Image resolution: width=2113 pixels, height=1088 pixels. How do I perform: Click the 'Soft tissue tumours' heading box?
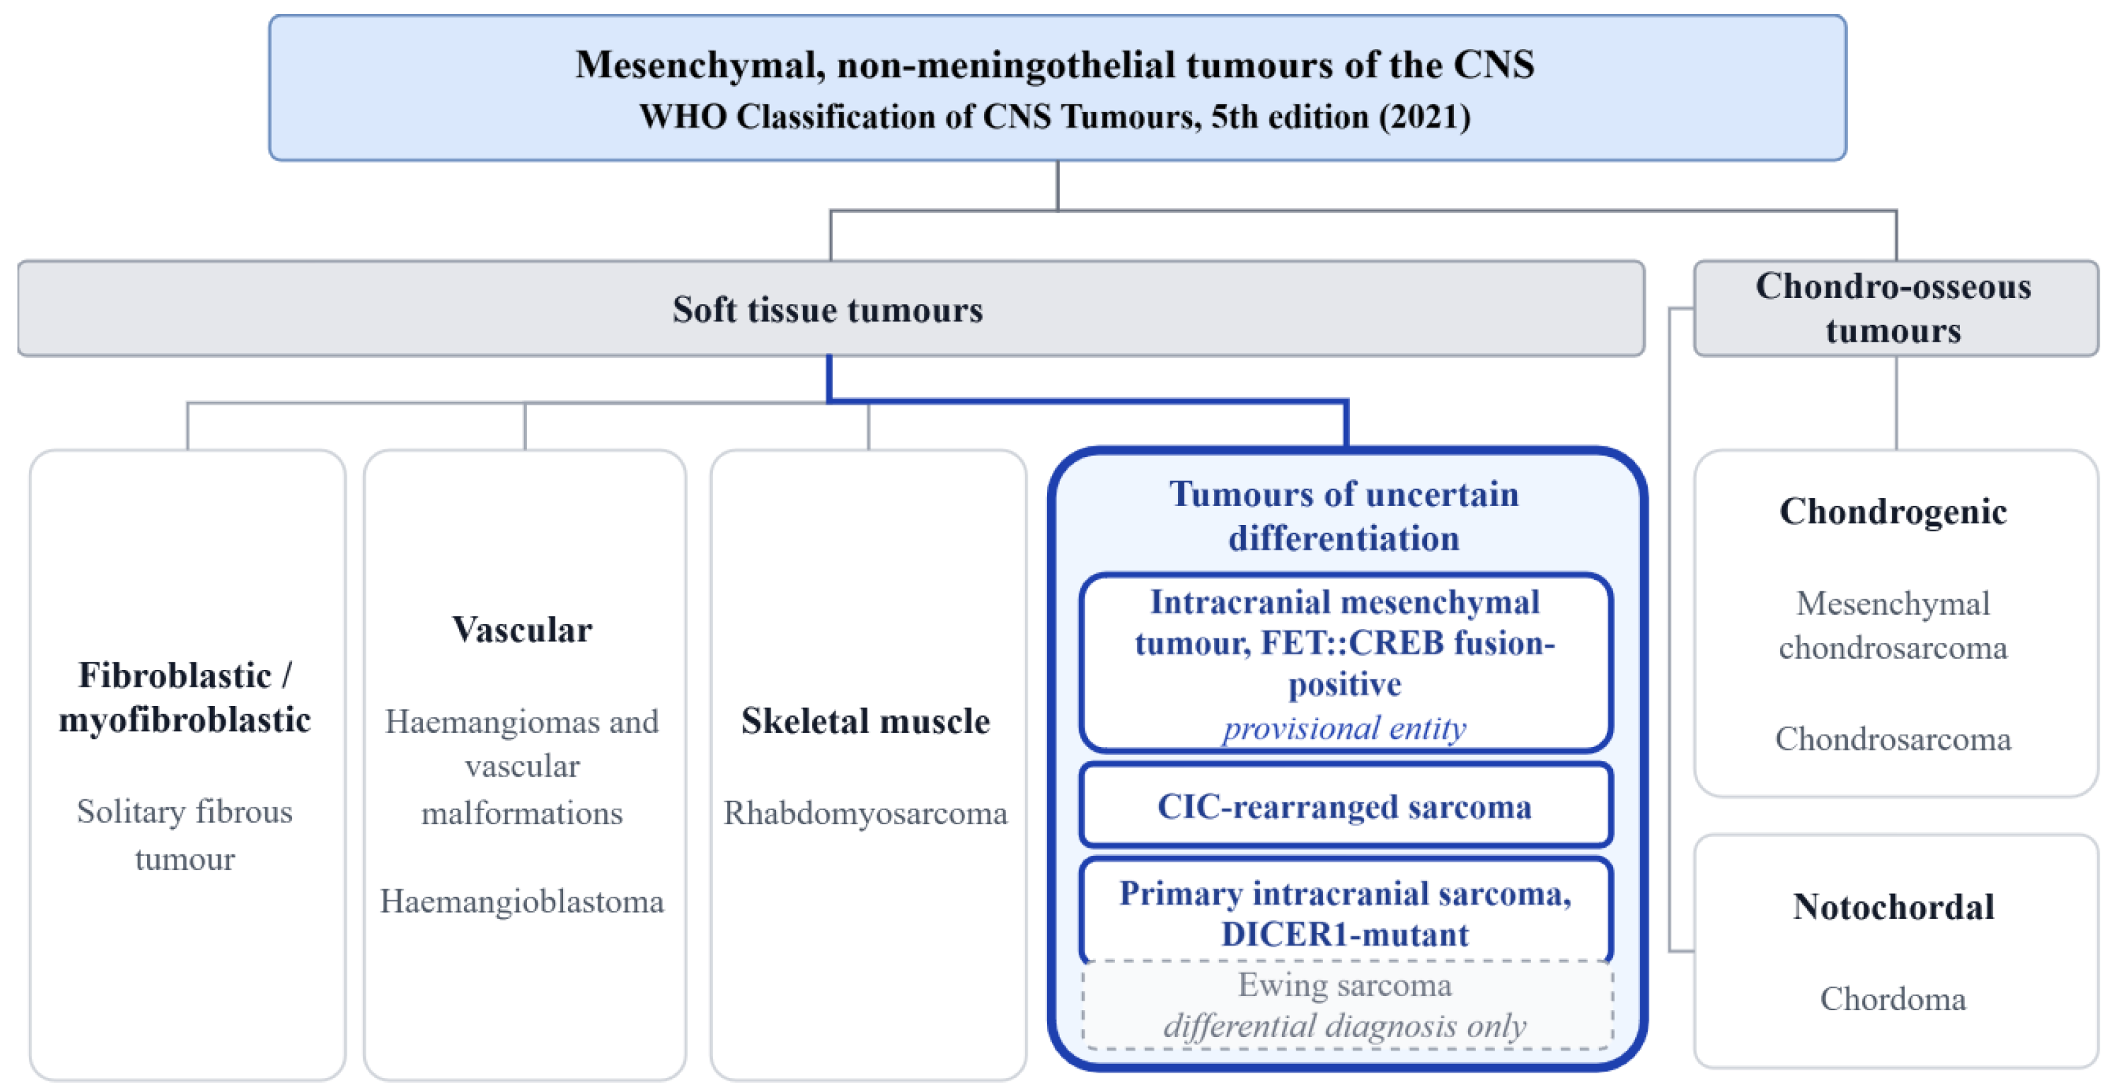[x=831, y=309]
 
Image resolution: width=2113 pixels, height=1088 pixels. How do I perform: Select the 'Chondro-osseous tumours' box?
[x=1896, y=309]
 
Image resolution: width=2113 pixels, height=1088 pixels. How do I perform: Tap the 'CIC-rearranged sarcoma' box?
[x=1345, y=805]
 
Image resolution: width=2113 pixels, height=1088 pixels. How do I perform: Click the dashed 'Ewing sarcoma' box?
[x=1347, y=1005]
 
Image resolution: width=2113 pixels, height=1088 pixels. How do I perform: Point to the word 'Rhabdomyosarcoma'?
[x=865, y=813]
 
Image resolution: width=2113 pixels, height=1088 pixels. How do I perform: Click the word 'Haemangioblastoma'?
[x=522, y=901]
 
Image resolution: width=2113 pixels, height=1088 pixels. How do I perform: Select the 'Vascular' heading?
[x=522, y=630]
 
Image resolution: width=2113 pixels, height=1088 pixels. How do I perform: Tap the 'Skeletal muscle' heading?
[x=865, y=720]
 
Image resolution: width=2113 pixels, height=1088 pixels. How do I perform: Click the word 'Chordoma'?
[x=1893, y=999]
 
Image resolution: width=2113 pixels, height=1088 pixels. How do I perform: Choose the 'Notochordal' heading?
[x=1893, y=907]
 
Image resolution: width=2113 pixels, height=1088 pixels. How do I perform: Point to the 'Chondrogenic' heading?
[x=1893, y=511]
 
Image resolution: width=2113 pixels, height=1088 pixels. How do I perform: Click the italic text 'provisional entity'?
[x=1344, y=728]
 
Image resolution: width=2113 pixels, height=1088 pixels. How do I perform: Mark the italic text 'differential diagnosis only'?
[x=1345, y=1026]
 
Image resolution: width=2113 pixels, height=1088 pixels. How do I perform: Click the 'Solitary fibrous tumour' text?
[x=185, y=834]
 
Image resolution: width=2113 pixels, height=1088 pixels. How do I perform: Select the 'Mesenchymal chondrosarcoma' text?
[x=1893, y=626]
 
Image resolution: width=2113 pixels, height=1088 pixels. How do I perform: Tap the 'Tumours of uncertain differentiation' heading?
[x=1344, y=515]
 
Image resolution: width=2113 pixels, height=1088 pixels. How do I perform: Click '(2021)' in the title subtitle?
[x=1425, y=117]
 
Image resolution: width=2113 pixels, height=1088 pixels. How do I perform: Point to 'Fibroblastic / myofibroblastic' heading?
[x=185, y=697]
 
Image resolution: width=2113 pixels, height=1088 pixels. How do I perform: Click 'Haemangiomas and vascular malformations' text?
[x=522, y=766]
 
